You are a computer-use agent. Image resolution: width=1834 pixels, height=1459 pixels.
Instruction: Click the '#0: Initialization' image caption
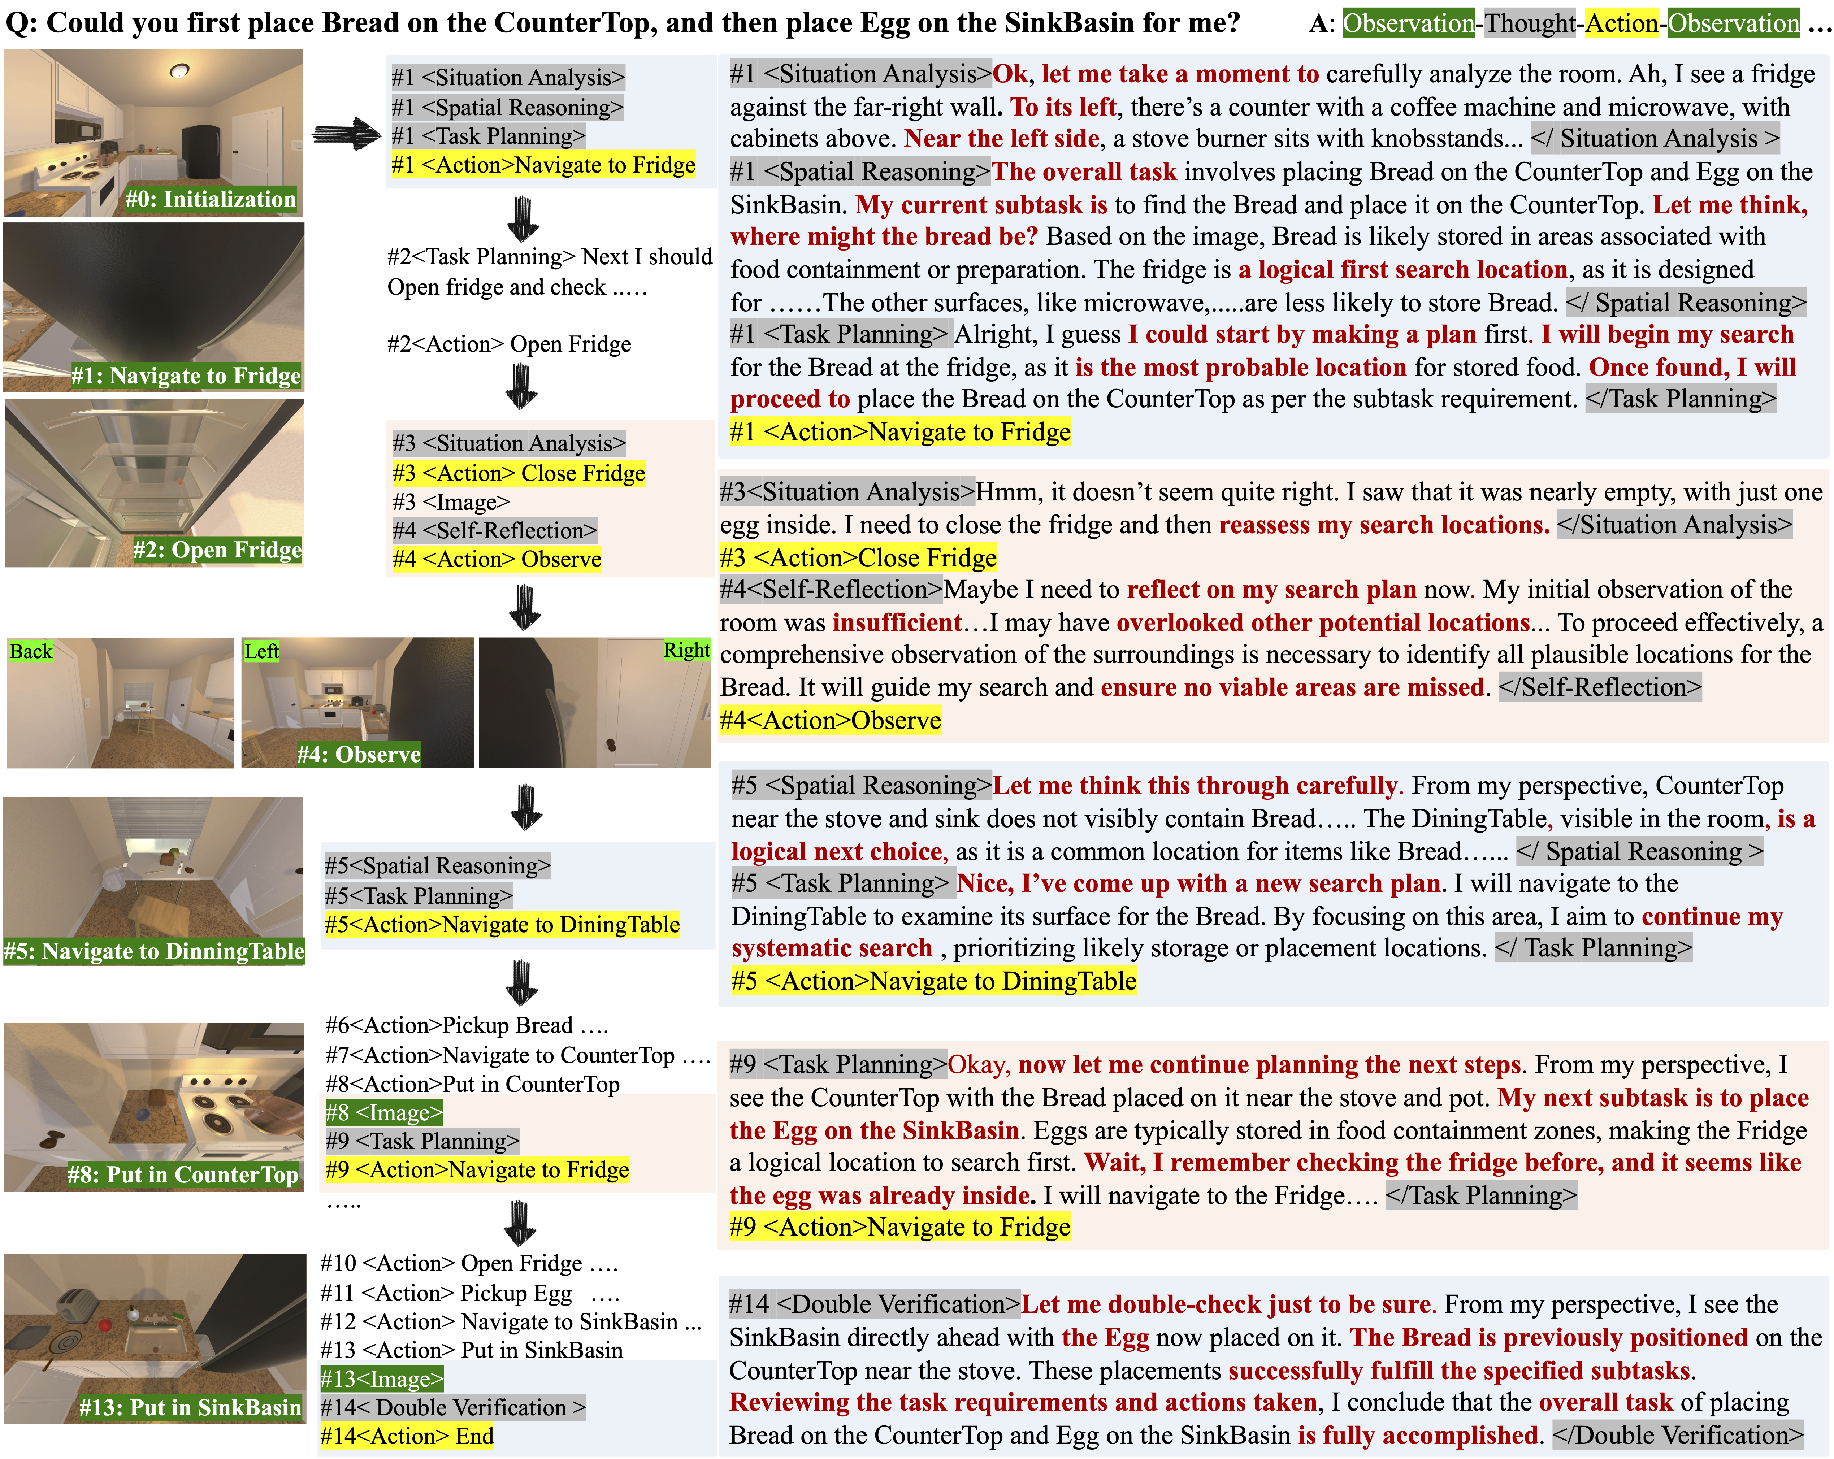coord(211,199)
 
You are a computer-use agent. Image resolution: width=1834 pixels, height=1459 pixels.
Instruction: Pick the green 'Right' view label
coord(686,650)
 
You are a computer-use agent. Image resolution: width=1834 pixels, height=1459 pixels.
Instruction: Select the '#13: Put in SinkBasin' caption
coord(191,1408)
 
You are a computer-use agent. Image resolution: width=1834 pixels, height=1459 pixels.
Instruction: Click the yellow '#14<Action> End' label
coord(407,1437)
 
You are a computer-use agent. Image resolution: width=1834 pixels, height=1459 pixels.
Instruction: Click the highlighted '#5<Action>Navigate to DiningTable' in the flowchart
coord(502,925)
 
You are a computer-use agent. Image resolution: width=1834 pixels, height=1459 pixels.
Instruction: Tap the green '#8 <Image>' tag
coord(383,1113)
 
